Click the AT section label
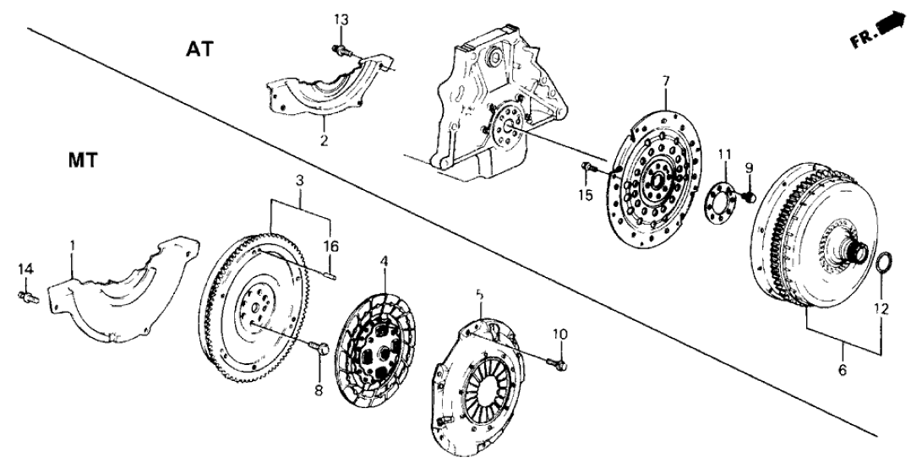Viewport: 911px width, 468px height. [200, 50]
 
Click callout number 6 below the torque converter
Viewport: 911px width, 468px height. [842, 368]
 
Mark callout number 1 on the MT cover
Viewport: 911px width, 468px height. [72, 245]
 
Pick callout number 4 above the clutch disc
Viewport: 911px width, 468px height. [385, 263]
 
